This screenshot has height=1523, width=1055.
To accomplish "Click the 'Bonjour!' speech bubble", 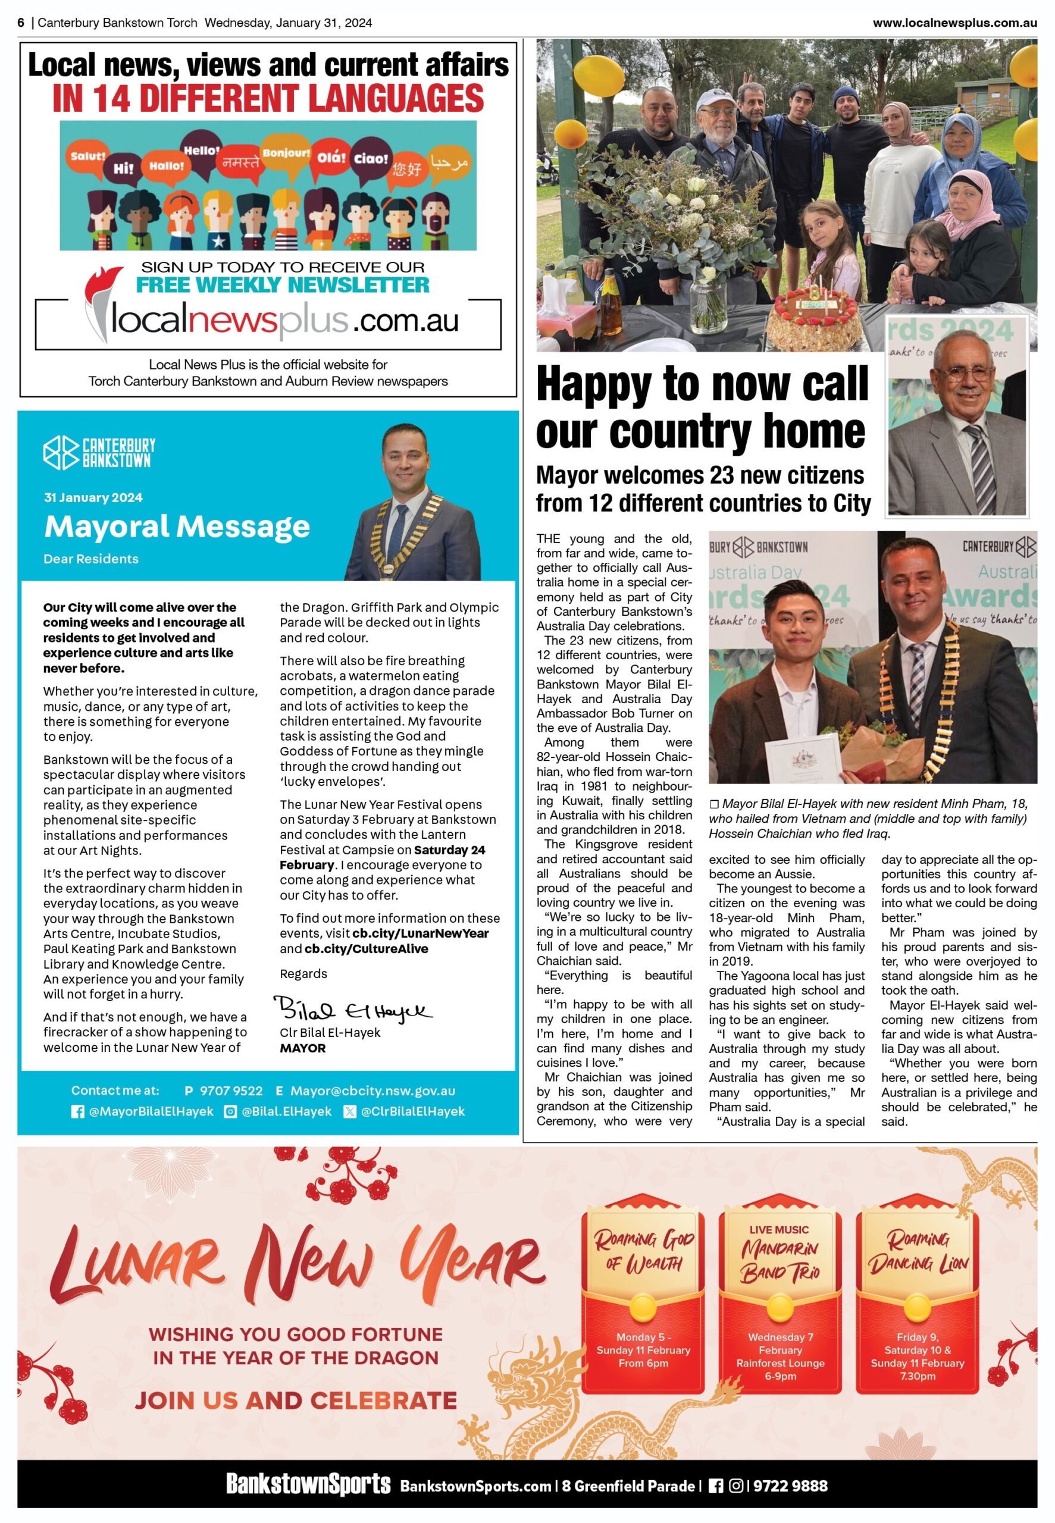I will [286, 153].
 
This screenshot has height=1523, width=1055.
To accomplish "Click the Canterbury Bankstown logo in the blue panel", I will [99, 453].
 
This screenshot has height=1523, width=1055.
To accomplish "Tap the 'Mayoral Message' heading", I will [177, 527].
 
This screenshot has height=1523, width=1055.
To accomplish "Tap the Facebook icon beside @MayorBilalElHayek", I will [77, 1112].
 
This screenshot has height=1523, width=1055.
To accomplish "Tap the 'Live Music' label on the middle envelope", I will [779, 1230].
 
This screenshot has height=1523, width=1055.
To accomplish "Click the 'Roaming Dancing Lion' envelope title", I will [918, 1251].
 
